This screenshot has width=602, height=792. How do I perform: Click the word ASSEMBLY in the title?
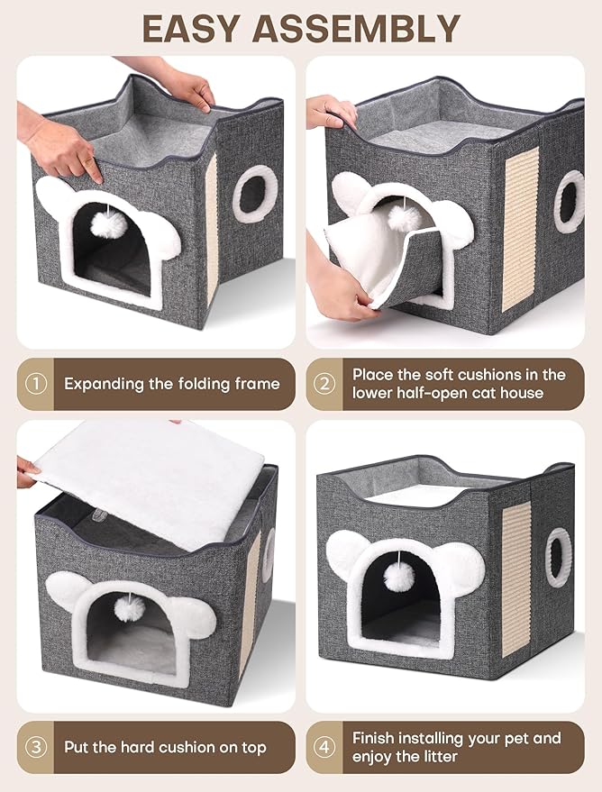pos(364,29)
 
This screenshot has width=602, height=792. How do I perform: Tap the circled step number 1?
pos(35,384)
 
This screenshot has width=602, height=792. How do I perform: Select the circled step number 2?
pos(324,384)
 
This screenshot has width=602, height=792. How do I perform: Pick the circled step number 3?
pos(35,747)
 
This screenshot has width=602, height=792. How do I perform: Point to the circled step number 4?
pos(324,747)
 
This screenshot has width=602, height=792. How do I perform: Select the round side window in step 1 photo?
pos(249,194)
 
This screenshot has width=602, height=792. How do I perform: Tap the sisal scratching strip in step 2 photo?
pos(520,229)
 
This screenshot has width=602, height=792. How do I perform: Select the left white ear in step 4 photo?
pos(343,551)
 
